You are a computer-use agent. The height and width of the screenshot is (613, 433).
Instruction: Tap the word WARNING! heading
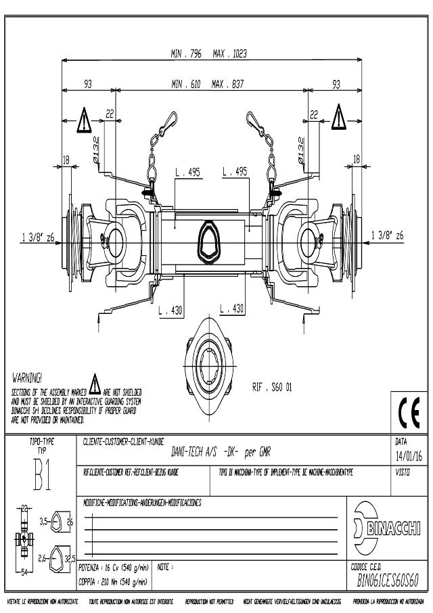pos(28,375)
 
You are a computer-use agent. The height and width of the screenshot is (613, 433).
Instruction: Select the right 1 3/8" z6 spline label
pos(388,235)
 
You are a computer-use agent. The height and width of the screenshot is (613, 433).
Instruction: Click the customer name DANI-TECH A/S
pos(178,455)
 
